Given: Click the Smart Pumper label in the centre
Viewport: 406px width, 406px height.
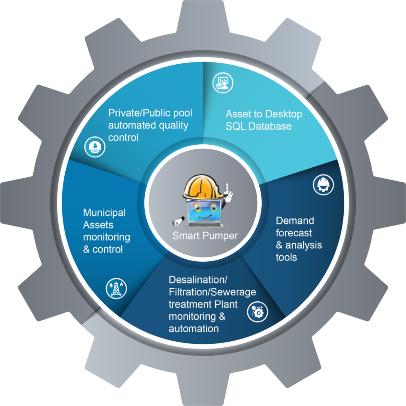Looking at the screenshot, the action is click(205, 236).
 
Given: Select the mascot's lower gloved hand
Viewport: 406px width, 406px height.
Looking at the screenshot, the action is click(178, 221).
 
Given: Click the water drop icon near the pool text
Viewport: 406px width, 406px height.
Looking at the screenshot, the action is click(95, 147).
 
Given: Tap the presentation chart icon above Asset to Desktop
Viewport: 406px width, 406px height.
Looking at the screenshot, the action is click(223, 83).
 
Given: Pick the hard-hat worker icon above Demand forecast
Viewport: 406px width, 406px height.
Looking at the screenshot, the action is click(323, 185).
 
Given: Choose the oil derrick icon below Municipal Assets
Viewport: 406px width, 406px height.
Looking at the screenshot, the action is click(116, 289).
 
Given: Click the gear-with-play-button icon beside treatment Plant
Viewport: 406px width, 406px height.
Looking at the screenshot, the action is click(257, 312).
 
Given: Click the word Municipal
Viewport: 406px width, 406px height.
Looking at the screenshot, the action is click(104, 213).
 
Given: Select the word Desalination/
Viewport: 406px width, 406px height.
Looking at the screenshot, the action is click(198, 280).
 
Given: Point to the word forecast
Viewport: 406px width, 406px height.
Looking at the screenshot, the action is click(294, 233).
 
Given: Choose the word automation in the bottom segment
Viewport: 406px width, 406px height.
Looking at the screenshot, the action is click(193, 329).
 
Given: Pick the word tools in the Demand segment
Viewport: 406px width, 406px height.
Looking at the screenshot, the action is click(286, 257).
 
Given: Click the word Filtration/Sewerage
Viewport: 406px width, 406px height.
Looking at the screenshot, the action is click(213, 292).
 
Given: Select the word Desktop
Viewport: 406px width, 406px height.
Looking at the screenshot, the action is click(283, 114).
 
